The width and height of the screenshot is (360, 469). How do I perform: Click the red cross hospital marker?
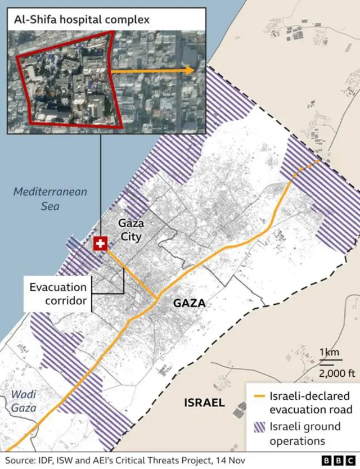pyautogui.click(x=100, y=243)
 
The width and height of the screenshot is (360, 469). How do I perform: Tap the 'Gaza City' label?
pyautogui.click(x=130, y=229)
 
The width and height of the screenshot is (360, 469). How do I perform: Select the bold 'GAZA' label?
pyautogui.click(x=189, y=304)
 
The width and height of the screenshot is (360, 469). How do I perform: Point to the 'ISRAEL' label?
pyautogui.click(x=204, y=403)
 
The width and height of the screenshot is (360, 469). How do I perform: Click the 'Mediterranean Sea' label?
pyautogui.click(x=51, y=199)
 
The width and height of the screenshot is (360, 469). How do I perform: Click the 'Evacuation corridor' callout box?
pyautogui.click(x=58, y=294)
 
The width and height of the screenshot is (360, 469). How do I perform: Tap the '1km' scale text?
pyautogui.click(x=329, y=353)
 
